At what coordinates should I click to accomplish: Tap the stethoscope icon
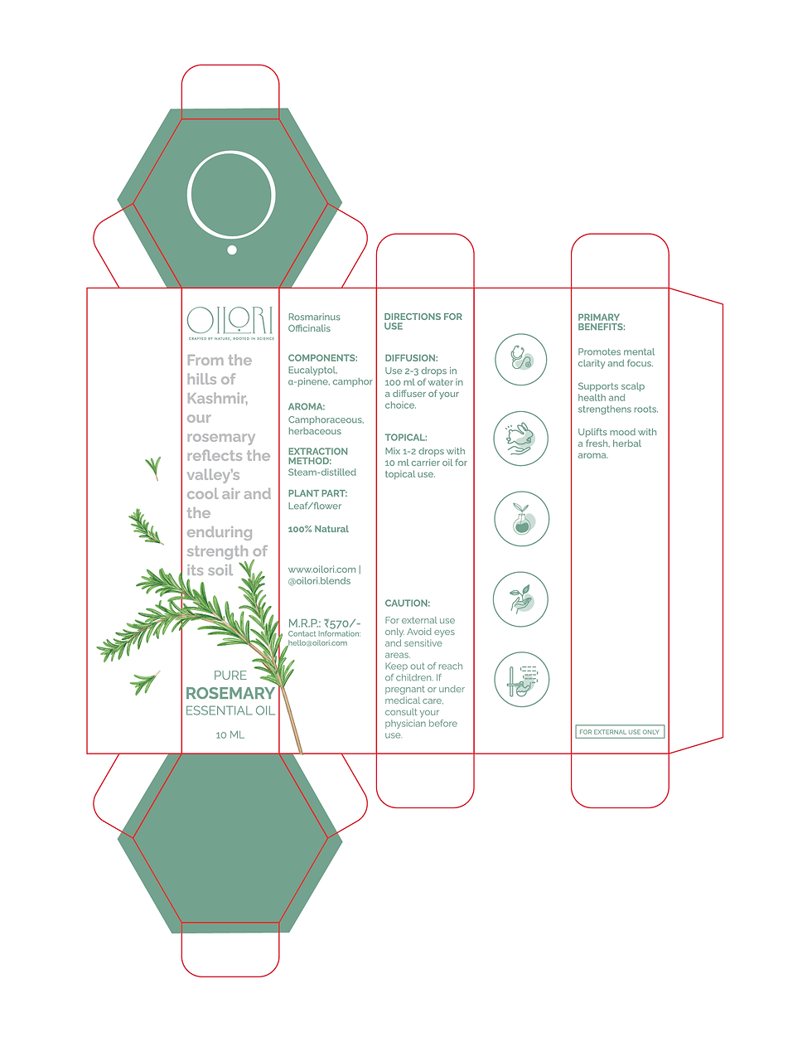[520, 360]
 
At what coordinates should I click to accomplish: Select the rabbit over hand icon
[520, 439]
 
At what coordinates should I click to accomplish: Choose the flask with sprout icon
[521, 519]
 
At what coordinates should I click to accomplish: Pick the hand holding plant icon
[520, 599]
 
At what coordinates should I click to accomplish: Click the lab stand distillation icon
[521, 679]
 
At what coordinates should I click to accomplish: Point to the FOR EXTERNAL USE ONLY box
[620, 732]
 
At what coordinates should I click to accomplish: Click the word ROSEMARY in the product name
[230, 693]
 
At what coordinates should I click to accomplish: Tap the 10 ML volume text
[230, 734]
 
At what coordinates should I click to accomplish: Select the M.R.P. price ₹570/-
[324, 623]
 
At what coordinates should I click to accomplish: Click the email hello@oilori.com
[317, 643]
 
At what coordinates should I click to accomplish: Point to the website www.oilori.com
[322, 569]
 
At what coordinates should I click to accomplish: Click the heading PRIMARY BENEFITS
[601, 322]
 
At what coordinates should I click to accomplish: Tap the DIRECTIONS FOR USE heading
[423, 322]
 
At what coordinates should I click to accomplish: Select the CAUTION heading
[407, 603]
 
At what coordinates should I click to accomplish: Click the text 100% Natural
[318, 529]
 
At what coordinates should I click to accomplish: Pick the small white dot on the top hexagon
[232, 250]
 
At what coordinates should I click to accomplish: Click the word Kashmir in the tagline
[216, 399]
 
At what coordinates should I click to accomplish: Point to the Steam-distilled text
[321, 472]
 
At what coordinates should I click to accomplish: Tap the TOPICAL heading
[405, 438]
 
